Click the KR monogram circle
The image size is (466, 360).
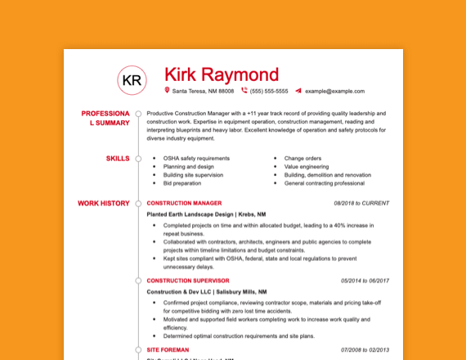(131, 79)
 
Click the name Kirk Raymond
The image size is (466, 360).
(222, 74)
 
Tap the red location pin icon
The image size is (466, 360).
(167, 91)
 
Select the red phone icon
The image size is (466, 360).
(244, 91)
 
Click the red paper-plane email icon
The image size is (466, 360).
(298, 91)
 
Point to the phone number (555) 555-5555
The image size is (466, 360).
(269, 92)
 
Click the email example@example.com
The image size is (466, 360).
(334, 92)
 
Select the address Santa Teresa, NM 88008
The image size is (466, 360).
(203, 92)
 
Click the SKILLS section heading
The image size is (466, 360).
(117, 158)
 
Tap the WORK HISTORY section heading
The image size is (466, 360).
(103, 203)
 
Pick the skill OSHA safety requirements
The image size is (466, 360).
(196, 158)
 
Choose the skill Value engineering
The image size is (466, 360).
(306, 166)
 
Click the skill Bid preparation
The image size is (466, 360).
(181, 183)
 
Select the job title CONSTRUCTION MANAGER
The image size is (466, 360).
(184, 203)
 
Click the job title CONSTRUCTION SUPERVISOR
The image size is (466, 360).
(188, 281)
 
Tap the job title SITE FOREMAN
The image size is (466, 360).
(168, 349)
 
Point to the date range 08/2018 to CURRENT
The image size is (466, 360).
(361, 203)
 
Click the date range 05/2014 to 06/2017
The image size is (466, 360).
(365, 281)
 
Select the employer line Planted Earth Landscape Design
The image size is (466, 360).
(190, 214)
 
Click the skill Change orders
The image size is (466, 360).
(302, 158)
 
